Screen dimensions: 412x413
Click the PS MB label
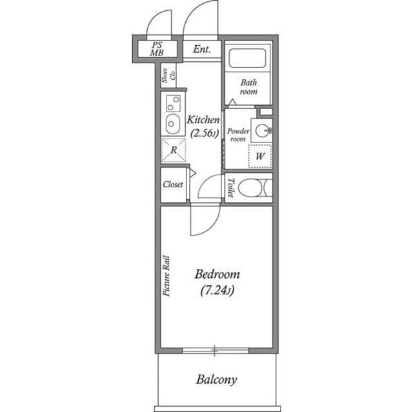[x=157, y=49]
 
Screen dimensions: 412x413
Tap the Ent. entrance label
[x=202, y=49]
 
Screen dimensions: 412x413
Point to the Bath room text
[x=248, y=87]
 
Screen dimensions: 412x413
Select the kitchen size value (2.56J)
[x=204, y=133]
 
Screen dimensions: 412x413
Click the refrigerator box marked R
[x=173, y=150]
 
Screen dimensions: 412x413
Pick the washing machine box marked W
[x=260, y=156]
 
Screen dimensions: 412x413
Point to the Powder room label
[x=237, y=135]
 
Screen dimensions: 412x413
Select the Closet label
[x=173, y=184]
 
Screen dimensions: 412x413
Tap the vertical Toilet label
[x=230, y=187]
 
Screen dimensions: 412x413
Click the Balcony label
[x=216, y=379]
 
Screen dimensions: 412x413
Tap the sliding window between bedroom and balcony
[x=216, y=351]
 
